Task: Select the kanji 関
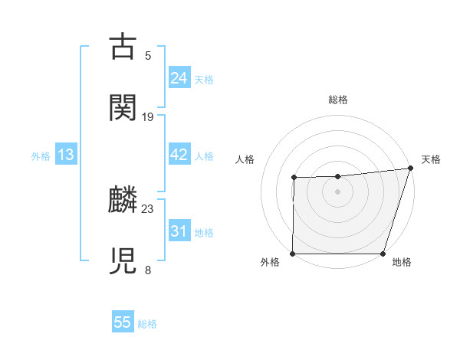123,107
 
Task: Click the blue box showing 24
179,77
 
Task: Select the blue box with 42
179,155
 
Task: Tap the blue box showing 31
179,231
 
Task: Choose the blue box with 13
66,155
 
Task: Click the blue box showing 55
123,322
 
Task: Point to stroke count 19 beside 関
148,117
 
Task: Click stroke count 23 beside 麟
148,208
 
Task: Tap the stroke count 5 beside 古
148,55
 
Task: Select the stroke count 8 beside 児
148,270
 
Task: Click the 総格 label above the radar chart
338,100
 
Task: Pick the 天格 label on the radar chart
431,159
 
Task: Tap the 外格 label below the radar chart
270,263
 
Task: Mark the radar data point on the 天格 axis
410,168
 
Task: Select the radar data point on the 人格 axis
294,178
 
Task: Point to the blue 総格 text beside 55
147,324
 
